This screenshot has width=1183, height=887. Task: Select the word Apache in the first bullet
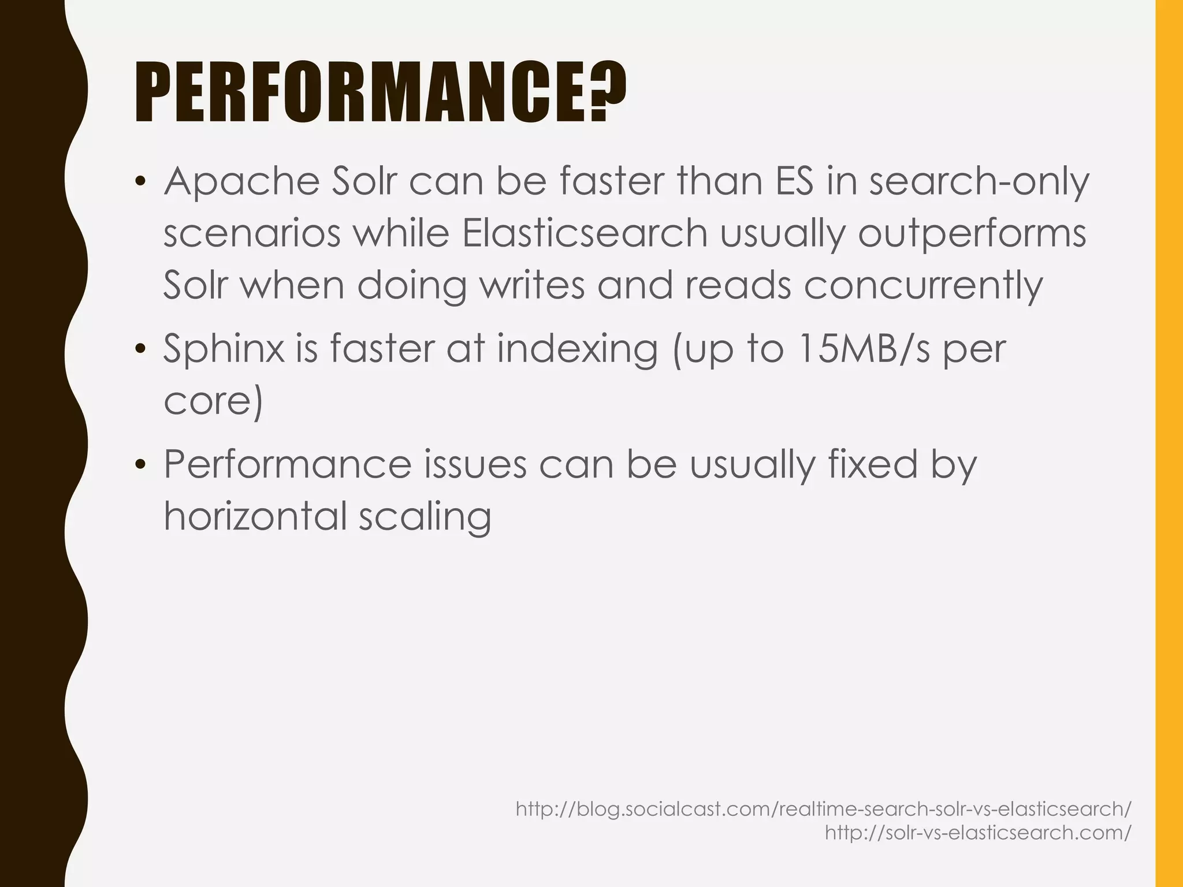tap(241, 182)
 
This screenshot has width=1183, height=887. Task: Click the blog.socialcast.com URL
tap(823, 809)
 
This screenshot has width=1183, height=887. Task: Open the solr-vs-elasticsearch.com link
tap(978, 832)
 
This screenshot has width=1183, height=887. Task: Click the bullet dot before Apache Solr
tap(139, 183)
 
